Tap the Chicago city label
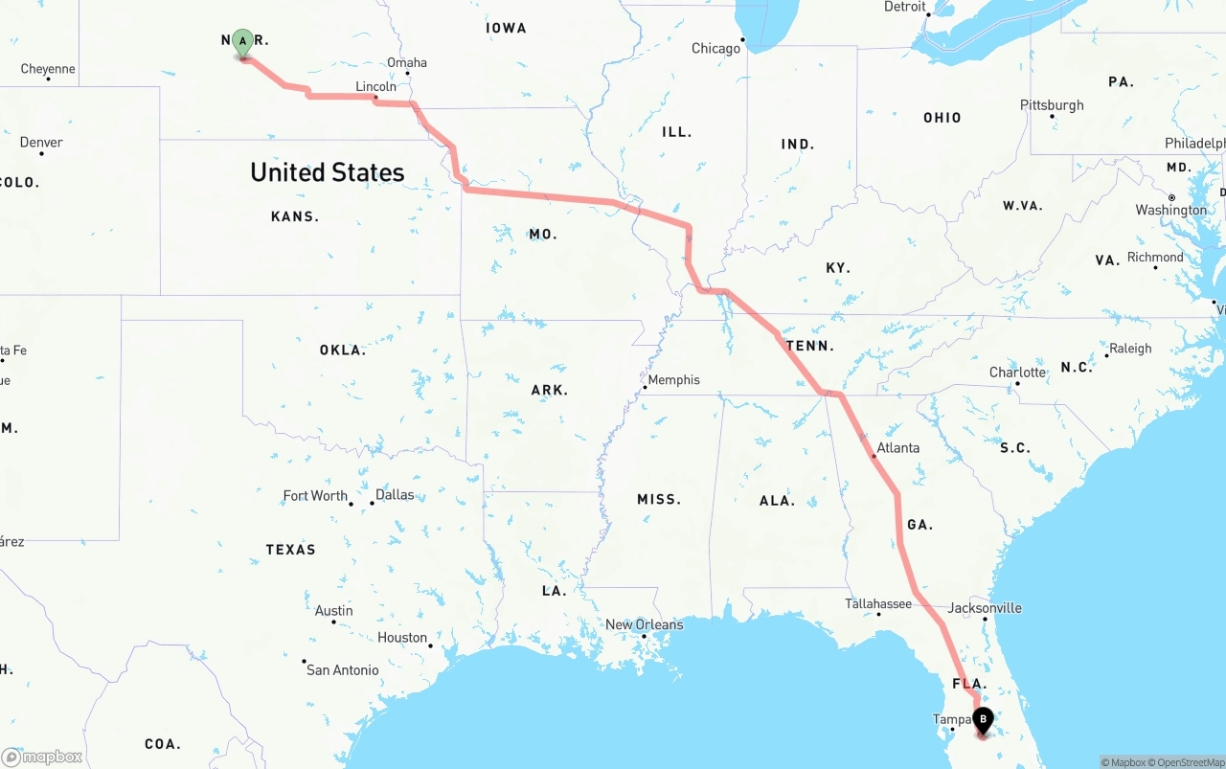click(716, 48)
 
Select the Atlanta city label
click(897, 447)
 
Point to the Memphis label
click(673, 380)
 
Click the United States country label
click(328, 172)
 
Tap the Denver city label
click(41, 143)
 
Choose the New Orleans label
click(645, 624)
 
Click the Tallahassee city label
click(878, 603)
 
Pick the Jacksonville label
click(985, 608)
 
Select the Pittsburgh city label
click(1052, 105)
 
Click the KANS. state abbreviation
click(295, 216)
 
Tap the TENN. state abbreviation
click(809, 346)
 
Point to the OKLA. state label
click(343, 351)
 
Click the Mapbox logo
click(42, 757)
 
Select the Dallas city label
click(395, 495)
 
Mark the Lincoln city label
click(375, 86)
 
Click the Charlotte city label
click(1017, 373)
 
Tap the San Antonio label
click(342, 669)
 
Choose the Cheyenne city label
click(48, 69)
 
